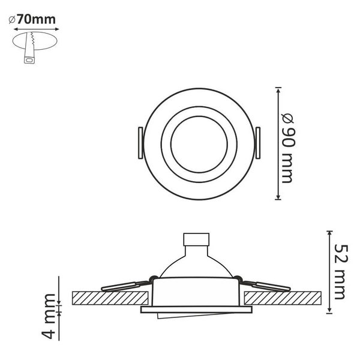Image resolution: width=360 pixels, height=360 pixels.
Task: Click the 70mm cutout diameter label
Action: tap(32, 20)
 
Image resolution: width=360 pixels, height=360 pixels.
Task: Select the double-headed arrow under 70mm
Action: tap(37, 29)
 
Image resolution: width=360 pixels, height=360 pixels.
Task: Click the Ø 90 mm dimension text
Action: tap(288, 148)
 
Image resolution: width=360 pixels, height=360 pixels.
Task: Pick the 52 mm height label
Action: tap(341, 272)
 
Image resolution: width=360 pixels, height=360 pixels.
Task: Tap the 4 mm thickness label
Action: tap(49, 316)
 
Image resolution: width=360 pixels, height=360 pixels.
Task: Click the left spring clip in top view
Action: tap(140, 143)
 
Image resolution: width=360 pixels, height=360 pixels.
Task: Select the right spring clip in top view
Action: tap(258, 143)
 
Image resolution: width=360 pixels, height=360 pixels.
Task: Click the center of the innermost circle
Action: tap(199, 144)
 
